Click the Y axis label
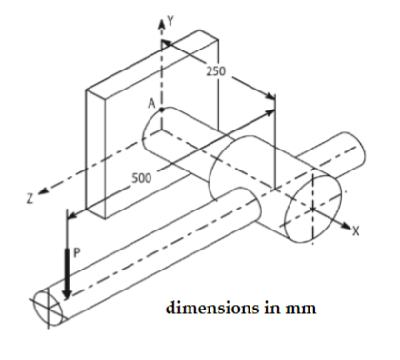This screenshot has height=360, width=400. tap(172, 18)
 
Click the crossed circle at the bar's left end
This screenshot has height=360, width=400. tap(46, 307)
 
